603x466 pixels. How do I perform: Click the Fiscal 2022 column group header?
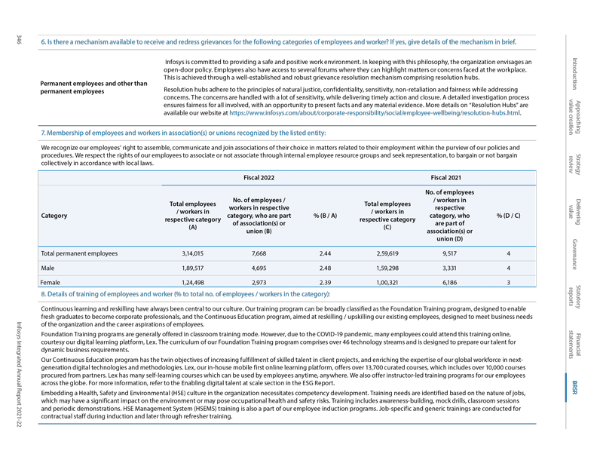[258, 177]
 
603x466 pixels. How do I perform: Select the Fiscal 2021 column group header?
[447, 177]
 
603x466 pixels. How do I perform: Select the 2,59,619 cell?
[387, 254]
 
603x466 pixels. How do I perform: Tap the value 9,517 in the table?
[450, 254]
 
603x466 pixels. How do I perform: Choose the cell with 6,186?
[450, 281]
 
